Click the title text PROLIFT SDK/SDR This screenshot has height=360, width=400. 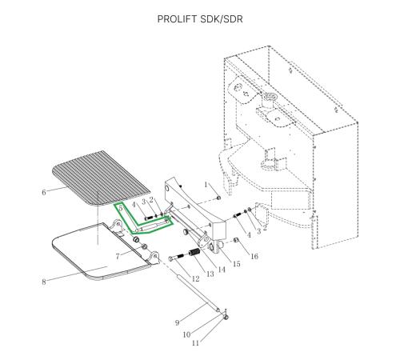coord(200,19)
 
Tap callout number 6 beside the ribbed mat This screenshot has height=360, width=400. coord(44,192)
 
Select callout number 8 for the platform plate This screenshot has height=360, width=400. coord(44,282)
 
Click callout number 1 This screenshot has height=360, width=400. coord(206,185)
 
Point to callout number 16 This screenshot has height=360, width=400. coord(254,256)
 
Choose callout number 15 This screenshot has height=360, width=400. coord(237,264)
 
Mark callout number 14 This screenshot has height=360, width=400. coord(222,270)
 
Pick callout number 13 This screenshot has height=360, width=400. coord(210,274)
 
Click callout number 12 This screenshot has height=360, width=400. coord(195,278)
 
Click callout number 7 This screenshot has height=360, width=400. coord(118,257)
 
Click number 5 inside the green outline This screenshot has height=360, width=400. coord(121,208)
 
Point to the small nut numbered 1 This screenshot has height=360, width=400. coord(218,198)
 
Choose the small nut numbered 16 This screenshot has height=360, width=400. coord(236,240)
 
